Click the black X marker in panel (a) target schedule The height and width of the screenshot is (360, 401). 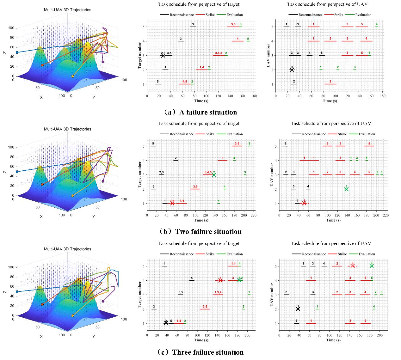click(x=163, y=55)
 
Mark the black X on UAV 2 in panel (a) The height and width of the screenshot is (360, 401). click(x=292, y=70)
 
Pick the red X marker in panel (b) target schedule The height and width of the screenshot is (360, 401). click(x=172, y=203)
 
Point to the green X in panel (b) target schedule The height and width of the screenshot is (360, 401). click(x=214, y=174)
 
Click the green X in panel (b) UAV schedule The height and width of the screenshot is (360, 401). click(x=346, y=189)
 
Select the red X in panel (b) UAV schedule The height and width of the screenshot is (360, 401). click(x=304, y=203)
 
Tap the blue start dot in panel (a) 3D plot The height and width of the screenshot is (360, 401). click(x=17, y=52)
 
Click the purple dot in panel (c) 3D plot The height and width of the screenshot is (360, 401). click(x=103, y=301)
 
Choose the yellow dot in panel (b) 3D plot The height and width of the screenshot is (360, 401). click(x=73, y=196)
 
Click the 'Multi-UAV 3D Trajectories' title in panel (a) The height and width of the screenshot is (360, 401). click(x=67, y=10)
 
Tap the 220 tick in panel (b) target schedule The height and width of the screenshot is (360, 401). click(x=254, y=215)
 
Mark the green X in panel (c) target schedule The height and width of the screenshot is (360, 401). click(x=239, y=280)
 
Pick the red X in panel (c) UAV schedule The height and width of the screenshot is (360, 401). click(x=352, y=266)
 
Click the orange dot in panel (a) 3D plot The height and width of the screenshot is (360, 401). click(x=42, y=65)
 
